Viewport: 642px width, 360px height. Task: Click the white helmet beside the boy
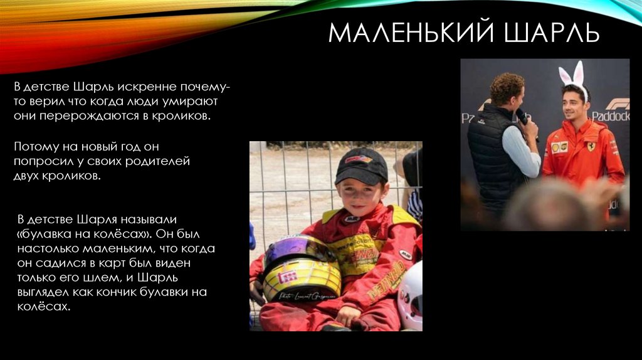click(411, 295)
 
